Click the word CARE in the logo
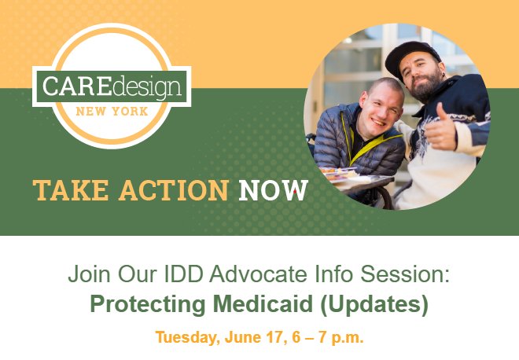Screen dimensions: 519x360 tap(76, 86)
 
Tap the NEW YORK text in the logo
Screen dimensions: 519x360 tap(112, 112)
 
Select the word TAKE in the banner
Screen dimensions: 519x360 tap(71, 190)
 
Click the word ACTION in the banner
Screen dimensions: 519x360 tap(174, 190)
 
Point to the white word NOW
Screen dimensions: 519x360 tap(274, 190)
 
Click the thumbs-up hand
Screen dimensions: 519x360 tap(440, 127)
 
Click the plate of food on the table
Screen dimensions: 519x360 tap(337, 174)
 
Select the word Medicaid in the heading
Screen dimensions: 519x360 tap(263, 304)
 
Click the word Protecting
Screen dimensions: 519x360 tap(148, 305)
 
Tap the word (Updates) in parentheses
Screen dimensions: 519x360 tap(374, 305)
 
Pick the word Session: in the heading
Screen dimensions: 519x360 tap(405, 274)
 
